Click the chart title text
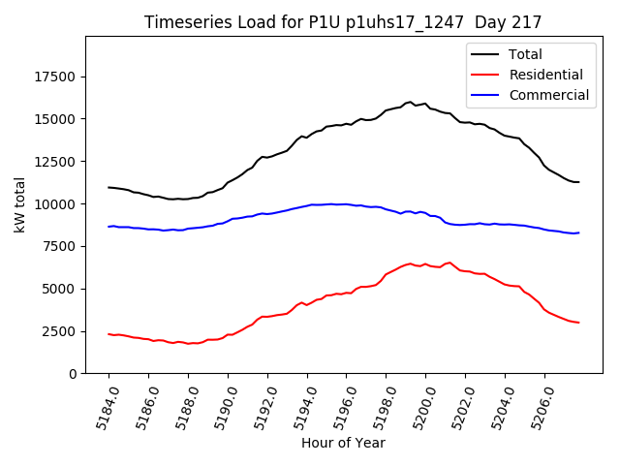(343, 22)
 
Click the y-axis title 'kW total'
(19, 204)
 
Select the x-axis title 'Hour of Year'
(343, 443)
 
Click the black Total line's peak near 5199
(411, 102)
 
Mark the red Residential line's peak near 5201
(449, 262)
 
